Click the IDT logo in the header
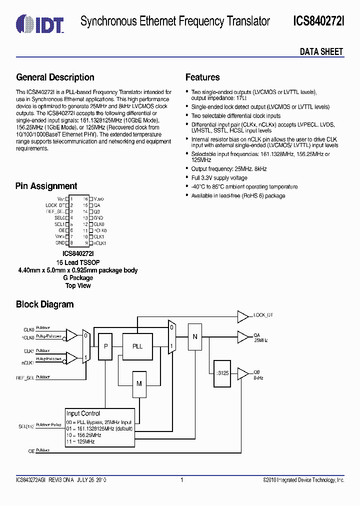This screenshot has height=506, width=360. (x=39, y=21)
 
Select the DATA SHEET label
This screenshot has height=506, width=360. (x=321, y=51)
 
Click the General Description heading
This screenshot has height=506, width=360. (x=55, y=77)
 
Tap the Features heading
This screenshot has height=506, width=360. (x=202, y=77)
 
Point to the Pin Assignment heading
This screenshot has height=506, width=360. (x=46, y=186)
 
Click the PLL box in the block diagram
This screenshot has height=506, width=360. (x=137, y=346)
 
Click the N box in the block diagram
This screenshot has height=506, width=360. (x=195, y=336)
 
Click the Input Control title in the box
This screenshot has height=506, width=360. (x=83, y=413)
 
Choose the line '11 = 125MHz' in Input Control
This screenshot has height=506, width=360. (x=80, y=441)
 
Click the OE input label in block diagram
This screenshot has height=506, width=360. (x=31, y=450)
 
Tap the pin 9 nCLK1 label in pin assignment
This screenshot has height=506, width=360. (x=100, y=243)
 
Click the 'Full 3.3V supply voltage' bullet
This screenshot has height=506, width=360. (x=219, y=178)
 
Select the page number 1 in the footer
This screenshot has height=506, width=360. (x=181, y=480)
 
